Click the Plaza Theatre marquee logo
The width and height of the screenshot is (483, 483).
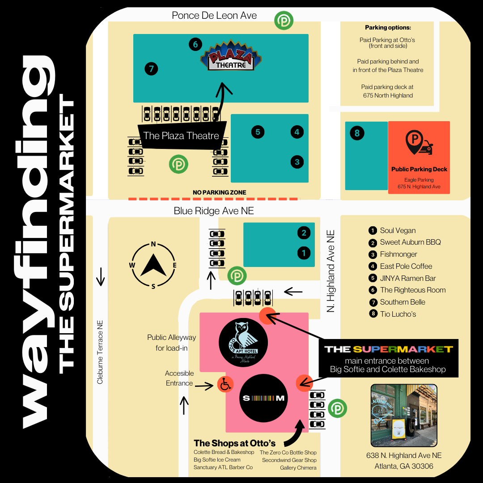click(x=231, y=57)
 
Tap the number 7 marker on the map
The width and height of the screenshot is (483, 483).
click(x=152, y=69)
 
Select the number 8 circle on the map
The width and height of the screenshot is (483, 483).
click(x=357, y=133)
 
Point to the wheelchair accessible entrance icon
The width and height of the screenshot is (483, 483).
click(x=225, y=384)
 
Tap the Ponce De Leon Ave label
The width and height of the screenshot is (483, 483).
click(x=214, y=16)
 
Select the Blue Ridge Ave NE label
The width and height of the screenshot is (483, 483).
click(x=214, y=211)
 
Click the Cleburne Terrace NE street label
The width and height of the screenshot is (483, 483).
click(x=100, y=352)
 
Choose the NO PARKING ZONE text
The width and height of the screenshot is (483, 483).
click(x=219, y=193)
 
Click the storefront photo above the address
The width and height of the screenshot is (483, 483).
click(x=404, y=415)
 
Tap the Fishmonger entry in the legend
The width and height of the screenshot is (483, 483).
click(x=398, y=254)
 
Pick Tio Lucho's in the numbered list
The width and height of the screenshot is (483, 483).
click(x=398, y=314)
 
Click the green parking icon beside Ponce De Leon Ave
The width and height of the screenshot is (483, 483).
click(x=284, y=21)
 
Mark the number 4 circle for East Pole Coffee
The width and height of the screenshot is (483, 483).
click(x=297, y=132)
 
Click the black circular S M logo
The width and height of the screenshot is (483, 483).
click(x=263, y=398)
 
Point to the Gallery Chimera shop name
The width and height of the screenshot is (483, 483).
click(x=298, y=468)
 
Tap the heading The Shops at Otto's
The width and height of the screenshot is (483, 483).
click(x=234, y=443)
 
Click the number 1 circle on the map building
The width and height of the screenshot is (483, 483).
click(x=304, y=253)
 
